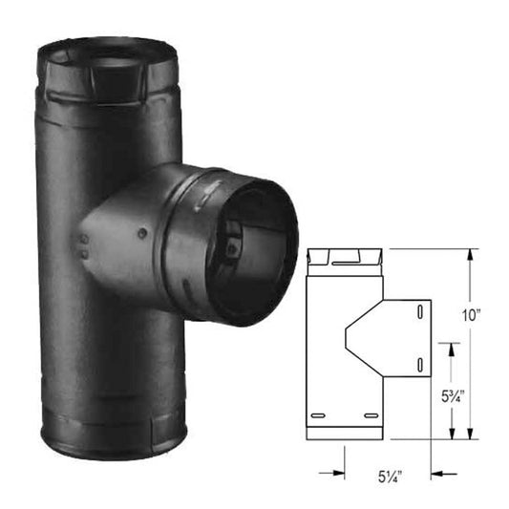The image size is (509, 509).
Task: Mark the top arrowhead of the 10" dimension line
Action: coord(470,255)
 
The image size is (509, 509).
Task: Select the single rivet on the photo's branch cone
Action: coord(140,233)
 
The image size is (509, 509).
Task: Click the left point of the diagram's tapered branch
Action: coord(343,338)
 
